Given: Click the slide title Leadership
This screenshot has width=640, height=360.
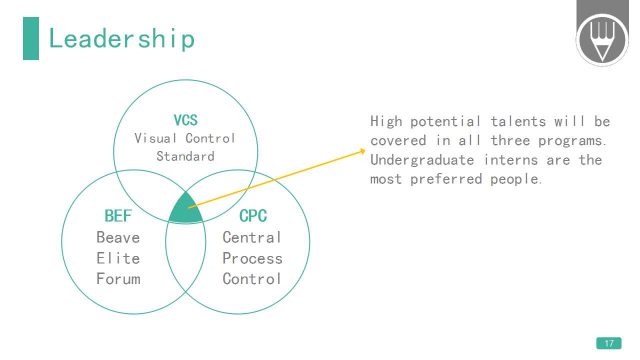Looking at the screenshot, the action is (121, 39).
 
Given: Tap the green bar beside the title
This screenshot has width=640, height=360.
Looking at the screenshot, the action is (31, 38).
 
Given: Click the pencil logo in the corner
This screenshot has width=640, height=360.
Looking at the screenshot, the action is (602, 39).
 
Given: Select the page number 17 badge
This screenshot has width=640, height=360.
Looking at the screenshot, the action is (609, 343).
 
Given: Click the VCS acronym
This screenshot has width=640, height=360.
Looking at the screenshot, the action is (185, 120).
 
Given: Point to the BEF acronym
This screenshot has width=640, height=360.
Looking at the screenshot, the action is (118, 215).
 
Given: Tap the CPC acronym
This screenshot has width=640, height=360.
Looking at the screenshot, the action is (253, 215).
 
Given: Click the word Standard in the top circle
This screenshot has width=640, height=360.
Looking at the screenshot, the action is (185, 156).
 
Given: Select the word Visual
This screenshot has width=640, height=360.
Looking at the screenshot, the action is (155, 138).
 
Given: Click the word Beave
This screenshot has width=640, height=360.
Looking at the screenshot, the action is (118, 237).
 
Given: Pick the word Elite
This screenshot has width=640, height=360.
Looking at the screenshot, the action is (118, 258).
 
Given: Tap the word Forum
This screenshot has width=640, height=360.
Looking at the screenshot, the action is (118, 279).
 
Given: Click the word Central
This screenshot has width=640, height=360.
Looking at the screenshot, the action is (251, 237).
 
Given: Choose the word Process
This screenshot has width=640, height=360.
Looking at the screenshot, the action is (252, 258).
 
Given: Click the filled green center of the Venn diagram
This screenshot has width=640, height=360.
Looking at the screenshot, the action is (185, 210).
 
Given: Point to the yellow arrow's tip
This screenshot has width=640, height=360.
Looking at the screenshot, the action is (365, 150).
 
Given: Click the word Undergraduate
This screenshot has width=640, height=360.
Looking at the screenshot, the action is (422, 160).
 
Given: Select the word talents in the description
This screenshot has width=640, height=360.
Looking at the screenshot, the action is (518, 121).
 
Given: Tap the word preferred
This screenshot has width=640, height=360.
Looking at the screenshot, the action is (446, 179).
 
